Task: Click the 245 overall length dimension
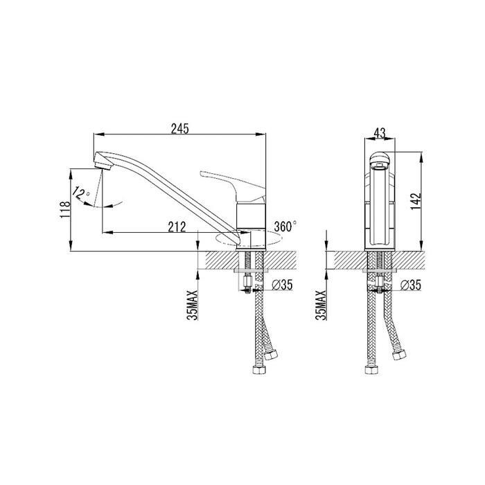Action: click(x=179, y=129)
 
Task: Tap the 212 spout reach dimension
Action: click(x=177, y=227)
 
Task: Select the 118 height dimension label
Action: click(x=65, y=210)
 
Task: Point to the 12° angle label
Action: click(x=80, y=193)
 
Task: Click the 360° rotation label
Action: click(x=285, y=227)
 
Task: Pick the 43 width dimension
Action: click(x=380, y=133)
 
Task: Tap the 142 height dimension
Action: click(x=416, y=201)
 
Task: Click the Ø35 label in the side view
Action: click(x=282, y=285)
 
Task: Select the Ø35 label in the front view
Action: click(x=410, y=285)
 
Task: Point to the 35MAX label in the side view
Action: click(x=193, y=306)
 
